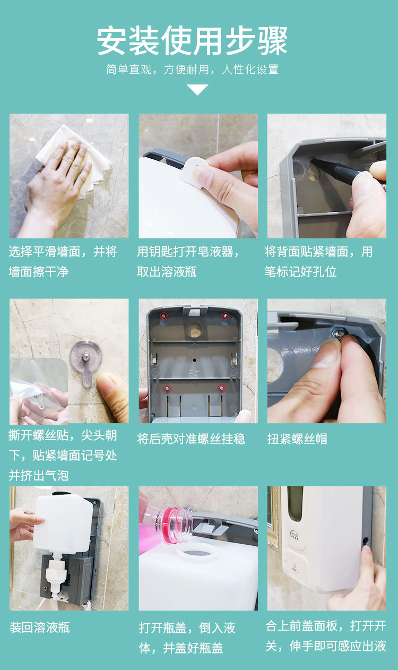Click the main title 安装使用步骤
click(192, 41)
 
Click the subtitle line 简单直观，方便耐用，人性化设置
click(193, 70)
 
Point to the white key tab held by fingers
click(195, 170)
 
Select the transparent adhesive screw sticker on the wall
click(86, 362)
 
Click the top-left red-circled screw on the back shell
click(163, 316)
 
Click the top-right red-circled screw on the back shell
click(226, 315)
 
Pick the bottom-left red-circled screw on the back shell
click(168, 388)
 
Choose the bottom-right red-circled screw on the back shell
click(221, 388)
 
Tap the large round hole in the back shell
click(194, 329)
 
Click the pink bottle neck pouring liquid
click(176, 525)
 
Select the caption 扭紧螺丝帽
click(297, 439)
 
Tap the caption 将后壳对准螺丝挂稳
click(191, 439)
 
